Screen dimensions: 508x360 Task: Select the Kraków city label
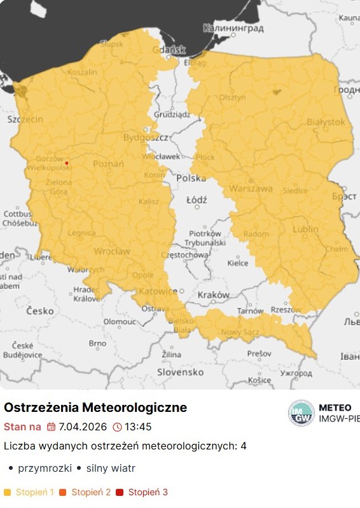[213, 295]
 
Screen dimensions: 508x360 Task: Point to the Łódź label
[197, 200]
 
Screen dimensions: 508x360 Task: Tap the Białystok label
[326, 122]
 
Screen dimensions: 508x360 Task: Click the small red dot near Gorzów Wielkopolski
[67, 163]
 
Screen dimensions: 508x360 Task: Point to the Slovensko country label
[180, 372]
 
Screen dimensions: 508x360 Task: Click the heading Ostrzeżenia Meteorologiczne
[95, 407]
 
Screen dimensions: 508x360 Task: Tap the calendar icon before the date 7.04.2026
[52, 427]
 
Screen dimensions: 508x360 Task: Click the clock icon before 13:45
[117, 427]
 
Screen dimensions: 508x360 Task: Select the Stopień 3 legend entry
[148, 492]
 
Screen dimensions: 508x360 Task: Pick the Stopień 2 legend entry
[91, 492]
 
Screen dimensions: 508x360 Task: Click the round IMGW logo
[301, 413]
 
